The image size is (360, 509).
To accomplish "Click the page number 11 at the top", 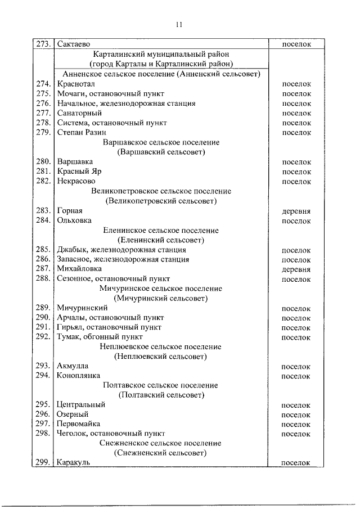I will [x=179, y=24].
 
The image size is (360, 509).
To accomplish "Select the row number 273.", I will [x=44, y=43].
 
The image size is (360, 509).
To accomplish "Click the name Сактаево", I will [x=74, y=43].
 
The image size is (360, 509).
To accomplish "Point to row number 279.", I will [x=44, y=133].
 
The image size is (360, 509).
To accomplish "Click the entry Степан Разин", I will [x=81, y=133].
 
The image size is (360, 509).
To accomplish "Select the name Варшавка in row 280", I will [x=75, y=162].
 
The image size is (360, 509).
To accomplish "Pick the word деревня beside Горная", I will [x=296, y=211].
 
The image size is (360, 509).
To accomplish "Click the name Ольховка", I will [x=74, y=220].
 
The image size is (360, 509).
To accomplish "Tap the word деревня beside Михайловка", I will [x=296, y=269].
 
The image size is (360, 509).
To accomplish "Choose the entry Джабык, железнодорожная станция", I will [x=121, y=250].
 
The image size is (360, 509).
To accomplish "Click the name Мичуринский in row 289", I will [x=82, y=308].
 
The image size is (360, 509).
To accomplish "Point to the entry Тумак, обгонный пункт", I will [x=100, y=337].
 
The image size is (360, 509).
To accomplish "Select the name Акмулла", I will [x=73, y=366].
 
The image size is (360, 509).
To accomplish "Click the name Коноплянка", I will [x=78, y=376].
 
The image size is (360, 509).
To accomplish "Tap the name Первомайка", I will [x=78, y=424].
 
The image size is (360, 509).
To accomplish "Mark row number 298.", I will [x=44, y=434].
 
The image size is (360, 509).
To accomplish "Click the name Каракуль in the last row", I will [x=73, y=463].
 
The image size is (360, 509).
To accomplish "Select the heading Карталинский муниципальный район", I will [x=162, y=54].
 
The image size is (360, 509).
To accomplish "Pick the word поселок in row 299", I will [x=296, y=463].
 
